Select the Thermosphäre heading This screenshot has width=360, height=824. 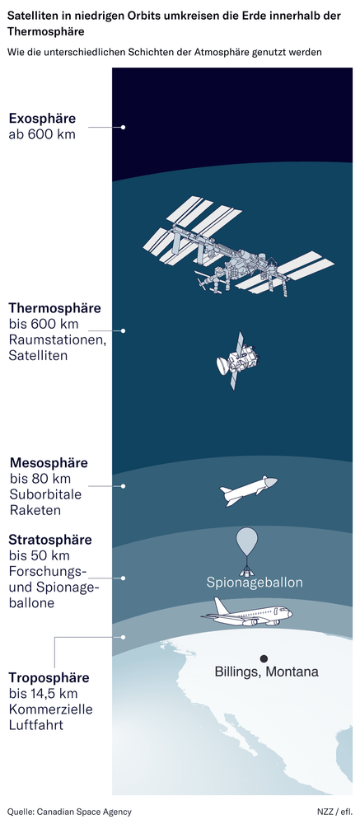54,308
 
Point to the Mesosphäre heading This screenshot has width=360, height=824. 49,463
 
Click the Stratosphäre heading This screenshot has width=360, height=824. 50,541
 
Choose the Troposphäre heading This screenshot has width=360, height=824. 49,678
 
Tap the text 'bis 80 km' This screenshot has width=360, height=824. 40,479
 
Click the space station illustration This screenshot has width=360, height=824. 235,247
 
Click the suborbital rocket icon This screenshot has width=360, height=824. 248,490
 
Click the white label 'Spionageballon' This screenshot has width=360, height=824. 255,583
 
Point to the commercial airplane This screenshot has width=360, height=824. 247,614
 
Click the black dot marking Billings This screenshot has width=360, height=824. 264,658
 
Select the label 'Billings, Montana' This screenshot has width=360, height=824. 266,672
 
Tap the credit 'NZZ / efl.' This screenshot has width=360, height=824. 333,812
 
